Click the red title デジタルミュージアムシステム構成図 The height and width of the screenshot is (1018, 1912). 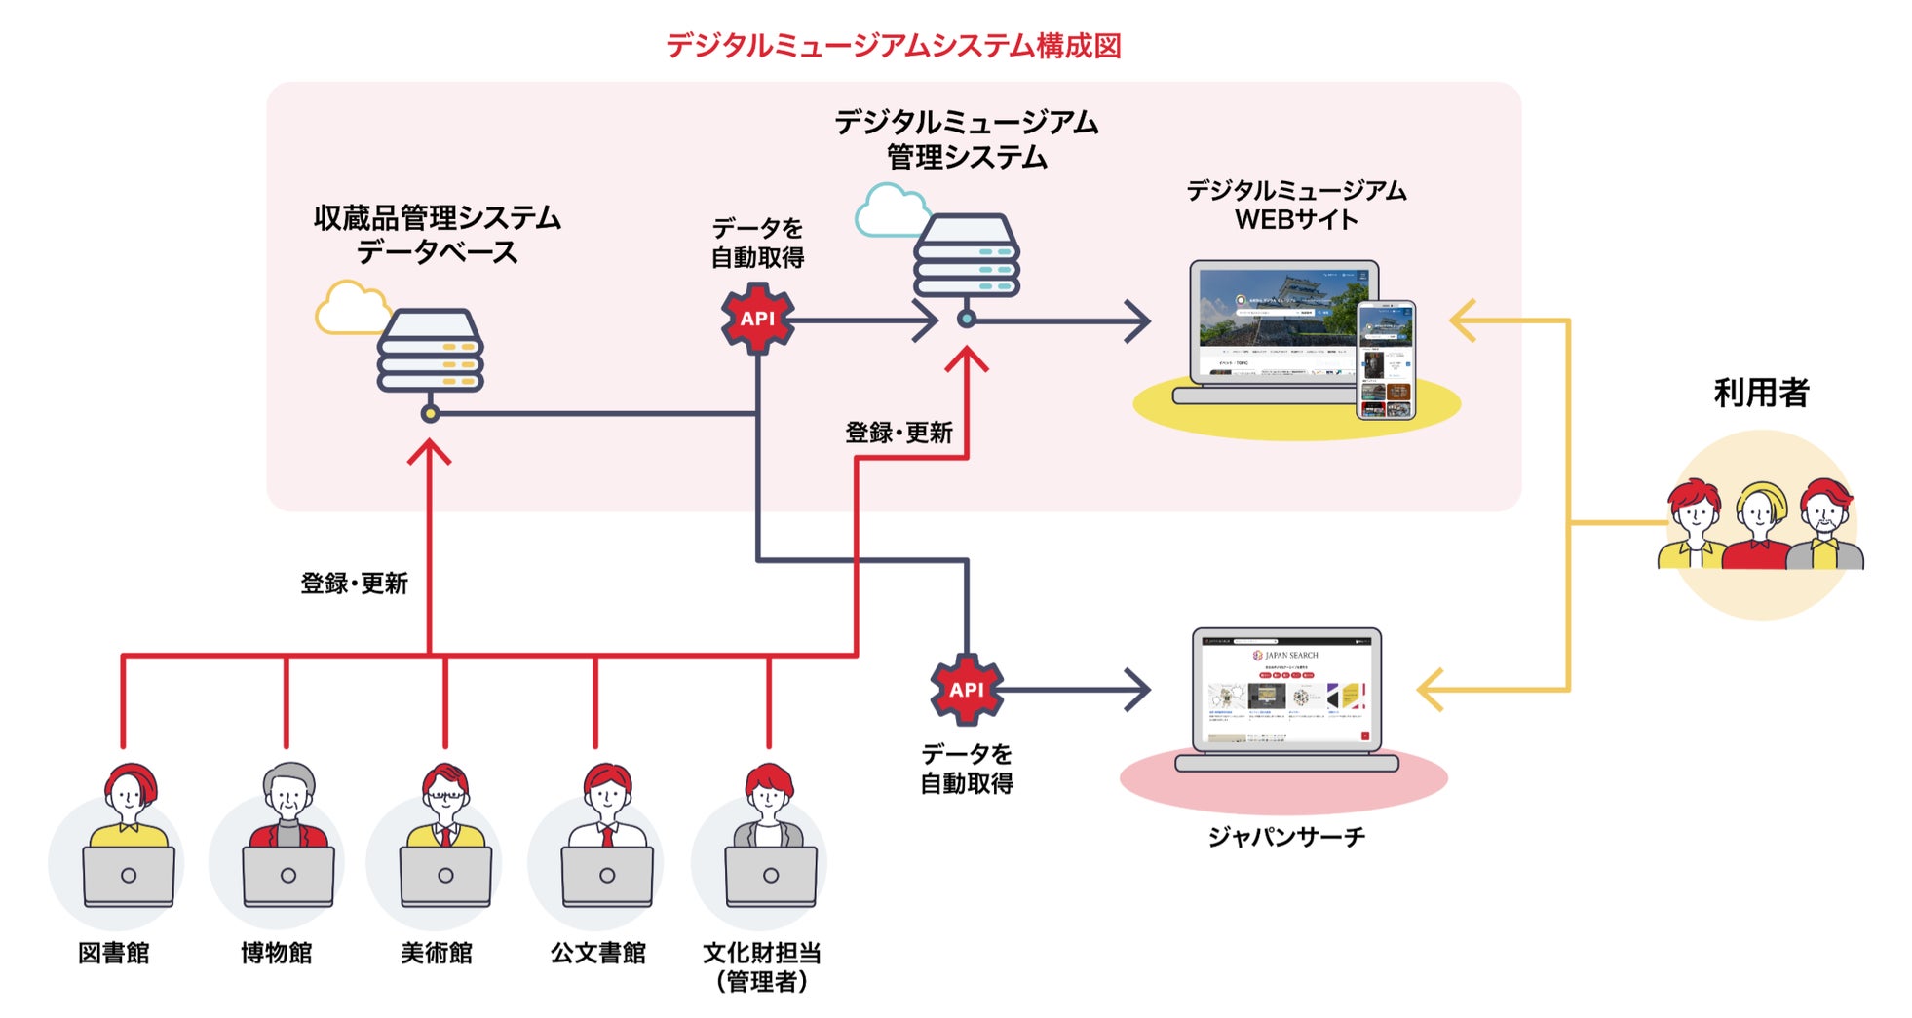coord(893,46)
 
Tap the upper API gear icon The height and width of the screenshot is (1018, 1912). coord(757,319)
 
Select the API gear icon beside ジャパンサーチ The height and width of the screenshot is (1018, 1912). coord(966,690)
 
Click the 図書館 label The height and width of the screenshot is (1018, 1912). coord(114,953)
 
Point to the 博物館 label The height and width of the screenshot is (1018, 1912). coord(277,953)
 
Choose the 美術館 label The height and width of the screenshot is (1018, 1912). coord(437,953)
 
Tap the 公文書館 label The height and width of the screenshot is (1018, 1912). coord(598,953)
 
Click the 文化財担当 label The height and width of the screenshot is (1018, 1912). coord(762,953)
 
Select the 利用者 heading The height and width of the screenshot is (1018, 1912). coord(1761,393)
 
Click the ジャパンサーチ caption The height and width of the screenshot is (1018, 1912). coord(1286,837)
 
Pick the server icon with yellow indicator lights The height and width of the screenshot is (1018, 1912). coord(430,351)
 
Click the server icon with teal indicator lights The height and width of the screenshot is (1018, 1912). coord(966,255)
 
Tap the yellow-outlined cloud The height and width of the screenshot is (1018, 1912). coord(349,308)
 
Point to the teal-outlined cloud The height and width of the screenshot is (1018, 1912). coord(888,210)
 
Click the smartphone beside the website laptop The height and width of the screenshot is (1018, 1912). coord(1386,359)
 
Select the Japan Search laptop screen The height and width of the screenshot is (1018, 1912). coord(1286,690)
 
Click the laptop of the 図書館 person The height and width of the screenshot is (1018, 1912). coord(129,876)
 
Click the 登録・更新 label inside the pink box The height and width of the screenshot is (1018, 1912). coord(899,433)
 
